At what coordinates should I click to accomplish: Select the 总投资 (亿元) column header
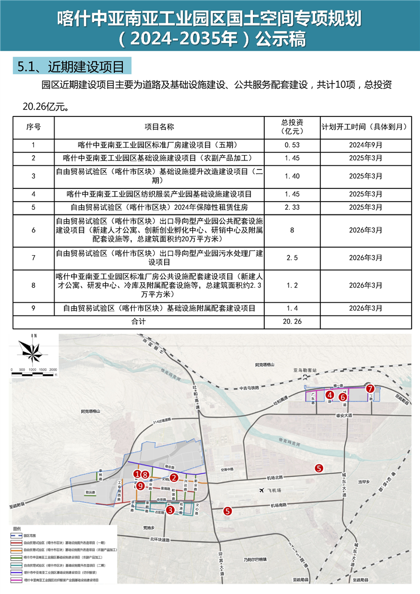point(292,127)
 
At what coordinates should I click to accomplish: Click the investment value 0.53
point(292,145)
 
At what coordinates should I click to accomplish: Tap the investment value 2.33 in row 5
point(292,207)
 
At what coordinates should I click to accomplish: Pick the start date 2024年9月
point(365,145)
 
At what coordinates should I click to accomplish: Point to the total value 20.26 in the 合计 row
point(292,321)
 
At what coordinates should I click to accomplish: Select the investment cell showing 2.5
point(292,257)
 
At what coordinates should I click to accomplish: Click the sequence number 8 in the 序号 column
point(33,285)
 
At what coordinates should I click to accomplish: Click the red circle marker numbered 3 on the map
point(170,510)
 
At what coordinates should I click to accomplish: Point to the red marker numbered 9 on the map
point(140,485)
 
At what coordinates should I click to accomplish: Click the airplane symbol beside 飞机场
point(261,491)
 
